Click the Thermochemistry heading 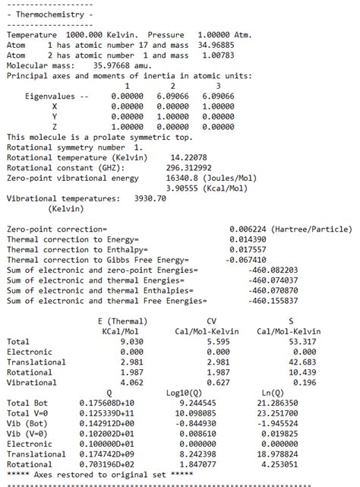click(x=50, y=14)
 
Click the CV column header click(x=212, y=321)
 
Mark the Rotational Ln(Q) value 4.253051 click(x=296, y=463)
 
